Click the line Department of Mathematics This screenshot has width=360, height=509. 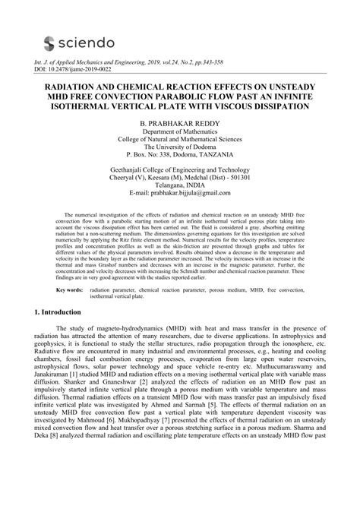click(180, 132)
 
